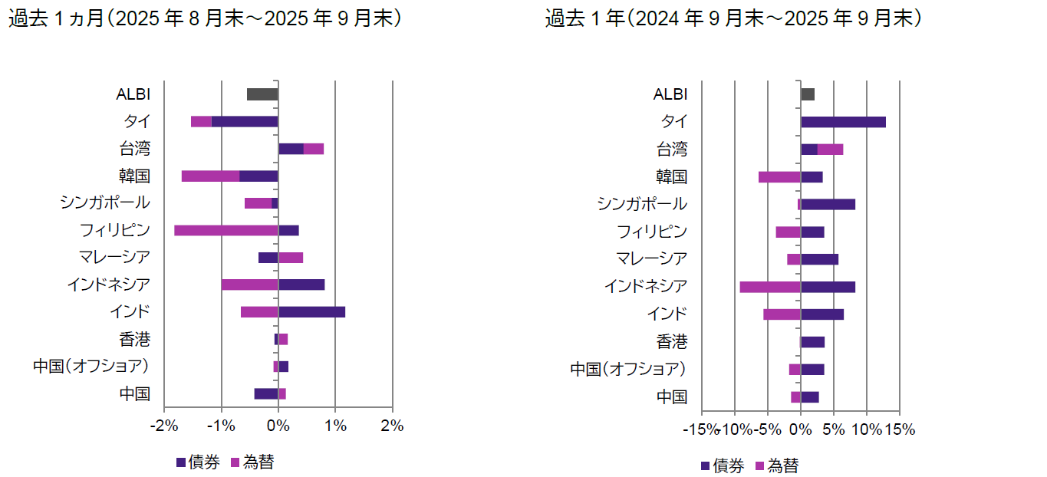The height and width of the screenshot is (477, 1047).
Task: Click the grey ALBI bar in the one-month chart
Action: tap(262, 94)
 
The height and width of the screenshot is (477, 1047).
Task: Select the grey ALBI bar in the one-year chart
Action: tap(808, 94)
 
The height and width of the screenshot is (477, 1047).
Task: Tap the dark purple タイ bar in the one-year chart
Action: tap(843, 122)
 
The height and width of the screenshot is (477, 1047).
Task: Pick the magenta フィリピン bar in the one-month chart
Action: tap(226, 230)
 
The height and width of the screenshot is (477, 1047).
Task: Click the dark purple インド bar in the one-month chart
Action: tap(311, 312)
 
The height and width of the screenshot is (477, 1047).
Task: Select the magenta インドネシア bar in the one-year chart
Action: tap(770, 287)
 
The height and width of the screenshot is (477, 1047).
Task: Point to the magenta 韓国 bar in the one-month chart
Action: tap(210, 176)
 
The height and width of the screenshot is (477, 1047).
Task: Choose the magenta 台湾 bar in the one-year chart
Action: tap(830, 150)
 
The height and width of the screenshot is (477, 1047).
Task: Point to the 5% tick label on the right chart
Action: tap(833, 429)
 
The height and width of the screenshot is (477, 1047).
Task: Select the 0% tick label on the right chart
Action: tap(801, 429)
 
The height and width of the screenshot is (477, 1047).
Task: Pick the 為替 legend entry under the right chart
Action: tap(776, 465)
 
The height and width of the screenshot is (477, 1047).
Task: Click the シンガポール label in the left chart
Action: tap(104, 203)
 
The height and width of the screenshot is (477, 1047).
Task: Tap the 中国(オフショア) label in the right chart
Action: tap(627, 369)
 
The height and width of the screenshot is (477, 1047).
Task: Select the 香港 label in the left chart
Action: tap(134, 340)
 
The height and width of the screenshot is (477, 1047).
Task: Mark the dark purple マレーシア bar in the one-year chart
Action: tap(819, 259)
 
